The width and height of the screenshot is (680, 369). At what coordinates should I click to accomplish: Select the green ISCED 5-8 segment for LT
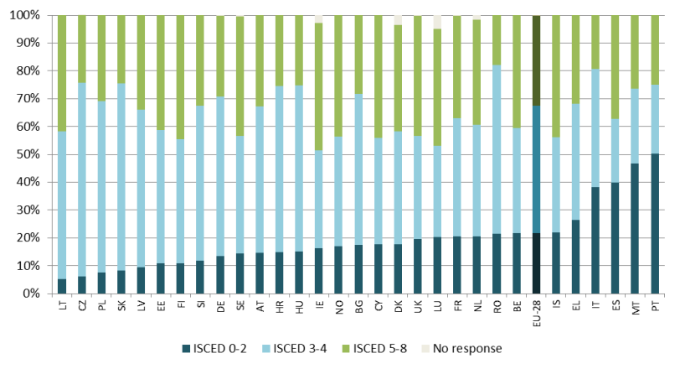tap(63, 73)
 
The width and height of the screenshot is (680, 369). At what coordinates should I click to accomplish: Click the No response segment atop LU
tap(437, 22)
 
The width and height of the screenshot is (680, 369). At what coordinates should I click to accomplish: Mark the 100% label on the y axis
tap(23, 15)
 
